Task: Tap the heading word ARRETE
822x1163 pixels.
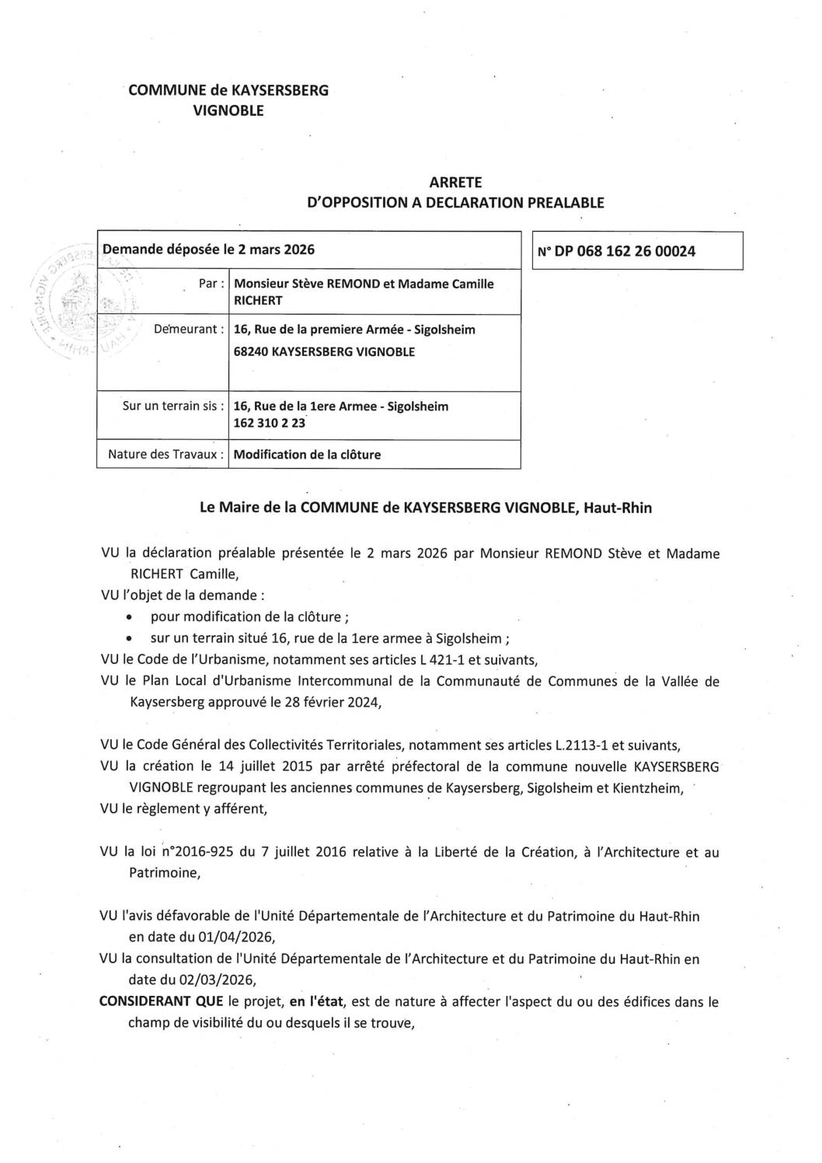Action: click(455, 183)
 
